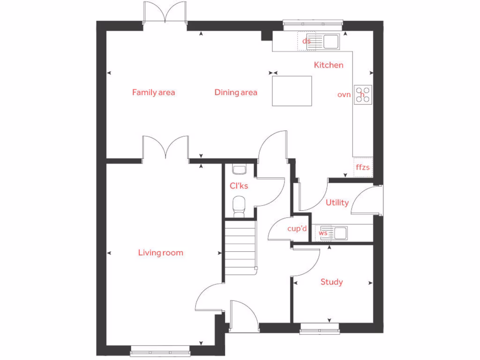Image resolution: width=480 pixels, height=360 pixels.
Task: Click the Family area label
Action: tap(153, 92)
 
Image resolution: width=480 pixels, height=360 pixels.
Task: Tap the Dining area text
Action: tap(236, 92)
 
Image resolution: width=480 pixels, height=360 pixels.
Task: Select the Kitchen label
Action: tap(328, 65)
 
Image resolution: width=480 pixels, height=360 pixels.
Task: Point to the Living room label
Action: tap(160, 253)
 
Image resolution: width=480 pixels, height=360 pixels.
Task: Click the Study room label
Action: tap(331, 282)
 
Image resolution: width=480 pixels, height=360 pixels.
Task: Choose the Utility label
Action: tap(337, 202)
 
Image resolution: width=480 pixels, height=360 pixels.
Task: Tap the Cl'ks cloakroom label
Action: tap(239, 186)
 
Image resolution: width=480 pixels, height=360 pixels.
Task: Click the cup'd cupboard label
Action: tap(297, 229)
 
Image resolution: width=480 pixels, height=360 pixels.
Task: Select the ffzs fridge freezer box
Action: tap(363, 167)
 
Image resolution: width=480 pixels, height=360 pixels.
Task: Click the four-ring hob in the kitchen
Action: tap(363, 94)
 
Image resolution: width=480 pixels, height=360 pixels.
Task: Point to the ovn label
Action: tap(344, 94)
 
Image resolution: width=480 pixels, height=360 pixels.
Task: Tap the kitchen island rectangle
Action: tap(292, 90)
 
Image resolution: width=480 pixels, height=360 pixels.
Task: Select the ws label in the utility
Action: tap(323, 232)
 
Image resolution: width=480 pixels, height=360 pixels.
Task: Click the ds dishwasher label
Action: tap(307, 41)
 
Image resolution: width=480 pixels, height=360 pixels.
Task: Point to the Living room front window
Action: tap(160, 349)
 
